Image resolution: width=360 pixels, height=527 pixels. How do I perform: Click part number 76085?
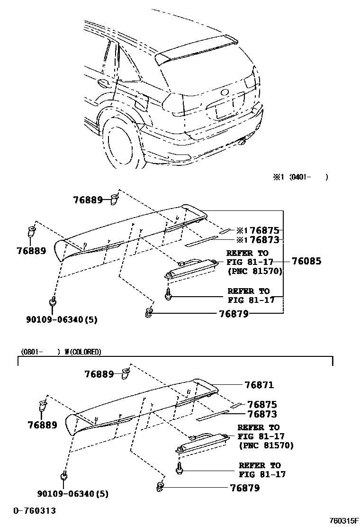[x=306, y=261]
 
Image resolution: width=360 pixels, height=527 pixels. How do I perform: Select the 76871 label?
[x=259, y=385]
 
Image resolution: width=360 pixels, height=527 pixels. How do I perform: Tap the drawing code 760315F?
[x=344, y=520]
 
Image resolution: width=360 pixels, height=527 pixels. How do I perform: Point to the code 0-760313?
[x=34, y=510]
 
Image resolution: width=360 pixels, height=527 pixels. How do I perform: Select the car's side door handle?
[x=102, y=84]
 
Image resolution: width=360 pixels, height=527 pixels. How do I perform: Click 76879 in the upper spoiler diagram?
[x=234, y=313]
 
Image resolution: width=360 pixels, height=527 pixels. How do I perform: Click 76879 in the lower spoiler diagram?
[x=244, y=488]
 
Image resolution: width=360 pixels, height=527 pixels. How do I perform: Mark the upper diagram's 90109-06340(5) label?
[x=62, y=319]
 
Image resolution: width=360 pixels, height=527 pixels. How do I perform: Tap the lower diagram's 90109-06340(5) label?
[x=73, y=494]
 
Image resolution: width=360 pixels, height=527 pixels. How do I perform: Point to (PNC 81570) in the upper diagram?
[x=255, y=271]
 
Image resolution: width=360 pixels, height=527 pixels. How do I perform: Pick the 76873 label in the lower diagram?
[x=262, y=414]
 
